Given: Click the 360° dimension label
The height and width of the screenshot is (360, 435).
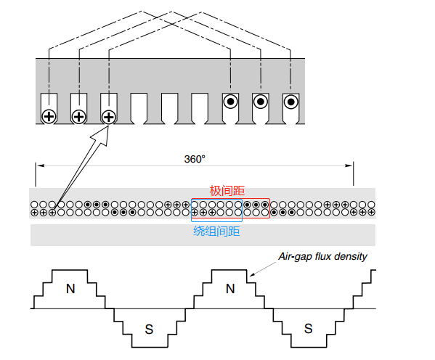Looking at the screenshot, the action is pyautogui.click(x=195, y=159).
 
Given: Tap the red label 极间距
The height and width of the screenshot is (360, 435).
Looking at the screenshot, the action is pyautogui.click(x=227, y=191).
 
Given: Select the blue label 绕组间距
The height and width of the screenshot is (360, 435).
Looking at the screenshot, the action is pyautogui.click(x=216, y=231).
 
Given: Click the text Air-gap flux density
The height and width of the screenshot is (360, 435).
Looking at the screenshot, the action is pyautogui.click(x=322, y=256).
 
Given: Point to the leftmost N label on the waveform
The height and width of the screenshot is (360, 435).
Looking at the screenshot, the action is pyautogui.click(x=70, y=289).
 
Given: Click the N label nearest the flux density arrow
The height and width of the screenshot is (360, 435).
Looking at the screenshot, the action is pyautogui.click(x=230, y=289).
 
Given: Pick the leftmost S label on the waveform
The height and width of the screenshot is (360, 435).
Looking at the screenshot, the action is pyautogui.click(x=149, y=330).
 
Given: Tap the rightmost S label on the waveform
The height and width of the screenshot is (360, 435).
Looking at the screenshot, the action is pyautogui.click(x=308, y=329).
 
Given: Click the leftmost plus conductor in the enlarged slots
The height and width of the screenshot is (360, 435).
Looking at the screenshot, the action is pyautogui.click(x=49, y=116).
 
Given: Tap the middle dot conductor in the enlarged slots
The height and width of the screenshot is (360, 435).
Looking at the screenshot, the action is pyautogui.click(x=261, y=102).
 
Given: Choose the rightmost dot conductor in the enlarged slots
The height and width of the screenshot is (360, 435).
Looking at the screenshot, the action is pyautogui.click(x=290, y=102).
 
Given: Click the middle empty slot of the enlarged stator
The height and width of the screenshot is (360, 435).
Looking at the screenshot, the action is pyautogui.click(x=169, y=109).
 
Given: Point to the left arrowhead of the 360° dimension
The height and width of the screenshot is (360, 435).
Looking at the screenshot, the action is pyautogui.click(x=41, y=165).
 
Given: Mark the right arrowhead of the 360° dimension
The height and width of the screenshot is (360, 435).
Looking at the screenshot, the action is pyautogui.click(x=349, y=165).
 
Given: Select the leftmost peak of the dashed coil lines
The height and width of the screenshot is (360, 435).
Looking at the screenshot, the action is pyautogui.click(x=142, y=12).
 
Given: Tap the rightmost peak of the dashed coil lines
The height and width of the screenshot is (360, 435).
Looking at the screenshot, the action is pyautogui.click(x=202, y=12).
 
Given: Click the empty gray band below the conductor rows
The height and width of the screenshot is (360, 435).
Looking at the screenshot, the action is pyautogui.click(x=203, y=235).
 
